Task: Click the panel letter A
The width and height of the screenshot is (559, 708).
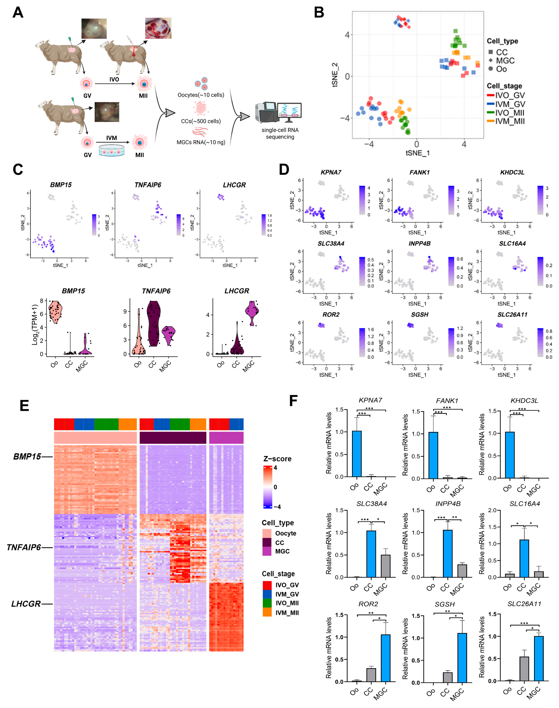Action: (18, 12)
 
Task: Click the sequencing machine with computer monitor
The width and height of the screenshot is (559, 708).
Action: (278, 112)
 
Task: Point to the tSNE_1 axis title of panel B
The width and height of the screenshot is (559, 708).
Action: (417, 153)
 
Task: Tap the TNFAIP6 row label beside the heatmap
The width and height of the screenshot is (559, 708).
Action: (24, 547)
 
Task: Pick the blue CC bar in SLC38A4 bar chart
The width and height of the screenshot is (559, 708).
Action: (371, 554)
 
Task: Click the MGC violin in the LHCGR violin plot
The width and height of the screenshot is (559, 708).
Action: (252, 313)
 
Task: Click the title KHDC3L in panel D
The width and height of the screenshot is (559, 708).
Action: (512, 172)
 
